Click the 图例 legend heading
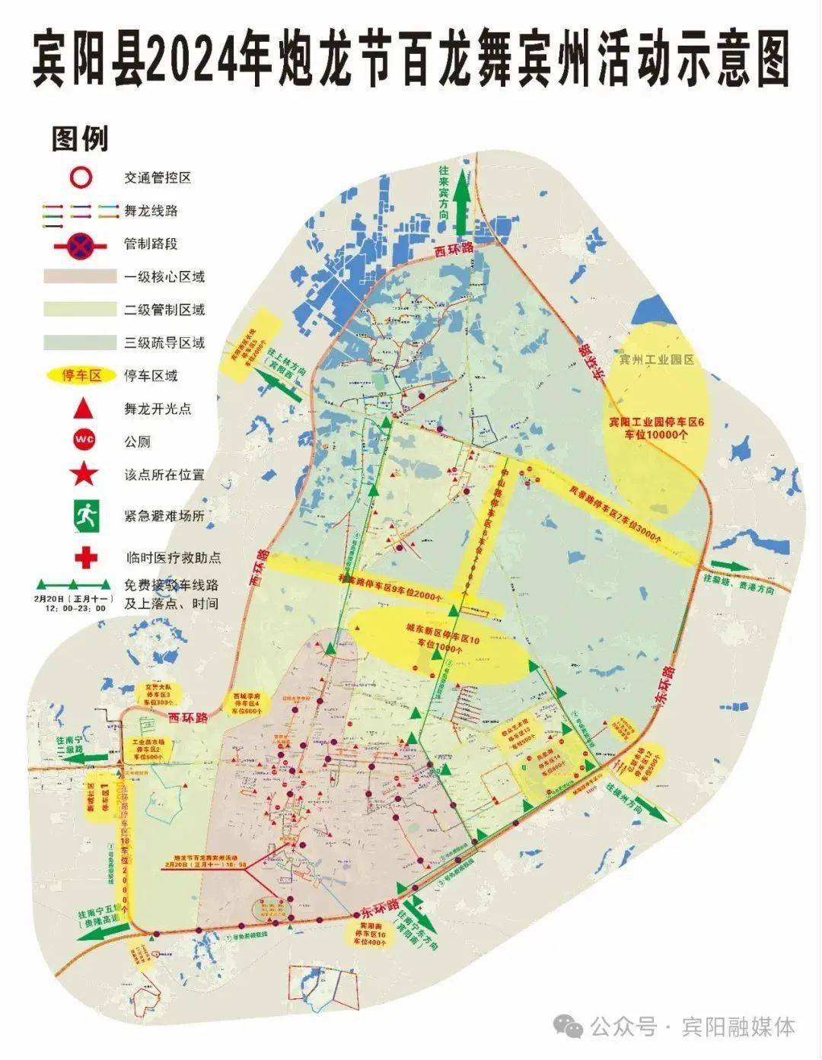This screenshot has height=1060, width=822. click(x=80, y=139)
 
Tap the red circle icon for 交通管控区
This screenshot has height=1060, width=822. click(x=81, y=177)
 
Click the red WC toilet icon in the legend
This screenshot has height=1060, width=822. click(x=83, y=442)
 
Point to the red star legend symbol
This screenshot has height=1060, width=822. click(x=83, y=475)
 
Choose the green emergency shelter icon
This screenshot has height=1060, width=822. click(x=84, y=516)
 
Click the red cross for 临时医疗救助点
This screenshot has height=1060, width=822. click(x=84, y=556)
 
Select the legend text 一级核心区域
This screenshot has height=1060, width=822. click(x=164, y=277)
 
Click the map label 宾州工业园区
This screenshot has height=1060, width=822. click(x=657, y=360)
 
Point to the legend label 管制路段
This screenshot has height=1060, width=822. click(x=151, y=244)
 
